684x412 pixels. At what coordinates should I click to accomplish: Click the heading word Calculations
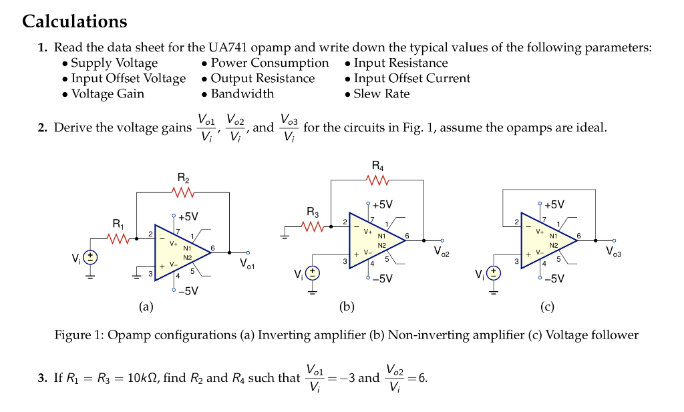click(74, 21)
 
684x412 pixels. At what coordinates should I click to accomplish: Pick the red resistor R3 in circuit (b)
click(313, 228)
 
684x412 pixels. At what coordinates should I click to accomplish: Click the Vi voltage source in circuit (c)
click(494, 273)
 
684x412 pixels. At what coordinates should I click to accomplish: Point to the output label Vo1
click(247, 265)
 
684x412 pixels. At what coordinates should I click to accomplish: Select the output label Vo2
click(442, 252)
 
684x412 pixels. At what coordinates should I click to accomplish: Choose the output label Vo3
click(613, 252)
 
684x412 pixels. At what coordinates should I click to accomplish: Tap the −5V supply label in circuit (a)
click(188, 291)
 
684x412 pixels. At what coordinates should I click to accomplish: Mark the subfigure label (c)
click(547, 307)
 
